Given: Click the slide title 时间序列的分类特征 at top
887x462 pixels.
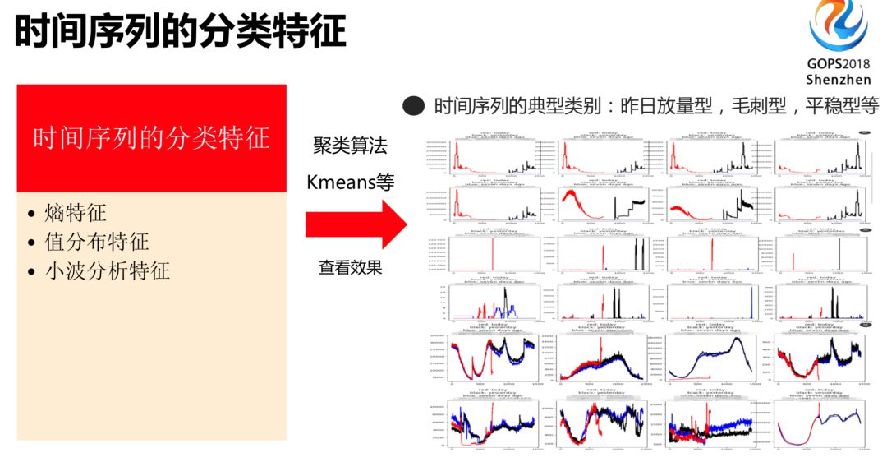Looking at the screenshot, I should pyautogui.click(x=181, y=32).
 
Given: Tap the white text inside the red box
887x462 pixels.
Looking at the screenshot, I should pyautogui.click(x=151, y=137).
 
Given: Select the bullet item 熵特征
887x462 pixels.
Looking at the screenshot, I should pyautogui.click(x=76, y=215).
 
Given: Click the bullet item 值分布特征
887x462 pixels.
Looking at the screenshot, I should pyautogui.click(x=97, y=243).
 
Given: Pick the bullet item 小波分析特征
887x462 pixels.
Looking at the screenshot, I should pyautogui.click(x=108, y=270).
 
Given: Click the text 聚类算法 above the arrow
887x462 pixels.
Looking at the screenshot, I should pyautogui.click(x=350, y=147).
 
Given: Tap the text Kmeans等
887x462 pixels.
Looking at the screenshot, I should pyautogui.click(x=350, y=182).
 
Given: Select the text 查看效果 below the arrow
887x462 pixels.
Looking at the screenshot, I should pyautogui.click(x=350, y=267).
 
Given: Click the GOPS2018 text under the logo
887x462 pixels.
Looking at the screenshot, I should pyautogui.click(x=838, y=63).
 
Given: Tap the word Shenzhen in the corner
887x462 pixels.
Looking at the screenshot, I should pyautogui.click(x=838, y=80).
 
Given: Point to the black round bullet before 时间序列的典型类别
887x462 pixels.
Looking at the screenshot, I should pyautogui.click(x=414, y=105).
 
